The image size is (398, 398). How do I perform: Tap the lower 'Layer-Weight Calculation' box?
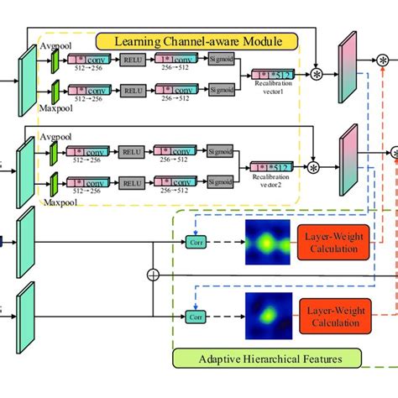[x=331, y=318]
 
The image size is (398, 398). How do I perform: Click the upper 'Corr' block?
[x=195, y=242]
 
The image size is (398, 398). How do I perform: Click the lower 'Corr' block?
[x=195, y=318]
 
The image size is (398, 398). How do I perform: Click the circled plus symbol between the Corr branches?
[x=152, y=275]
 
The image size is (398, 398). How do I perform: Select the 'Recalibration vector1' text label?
[x=273, y=88]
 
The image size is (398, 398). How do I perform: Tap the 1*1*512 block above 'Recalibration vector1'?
[x=274, y=76]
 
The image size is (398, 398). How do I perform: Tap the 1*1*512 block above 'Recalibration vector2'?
[x=274, y=168]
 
